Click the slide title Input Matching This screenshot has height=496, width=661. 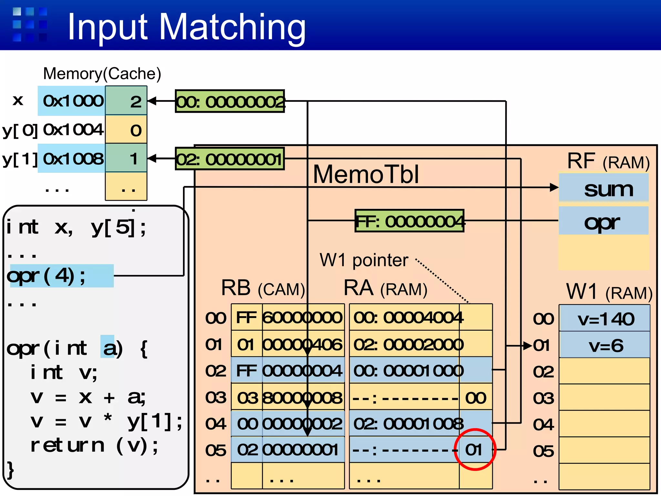click(187, 27)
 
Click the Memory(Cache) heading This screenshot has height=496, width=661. click(102, 74)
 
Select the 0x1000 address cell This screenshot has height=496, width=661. click(73, 101)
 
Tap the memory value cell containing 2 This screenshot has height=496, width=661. click(127, 101)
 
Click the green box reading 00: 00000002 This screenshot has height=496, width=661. click(230, 101)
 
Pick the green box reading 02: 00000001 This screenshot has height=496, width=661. click(230, 159)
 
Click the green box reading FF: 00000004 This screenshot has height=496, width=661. click(409, 221)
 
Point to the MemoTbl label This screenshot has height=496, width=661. click(366, 174)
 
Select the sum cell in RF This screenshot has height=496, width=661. click(604, 189)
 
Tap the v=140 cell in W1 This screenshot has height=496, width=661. click(605, 319)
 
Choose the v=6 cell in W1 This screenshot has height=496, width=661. click(605, 346)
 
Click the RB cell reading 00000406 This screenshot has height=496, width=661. click(303, 345)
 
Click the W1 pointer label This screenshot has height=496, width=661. click(364, 260)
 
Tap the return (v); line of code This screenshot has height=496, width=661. click(94, 446)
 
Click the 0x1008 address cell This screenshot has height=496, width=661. click(73, 159)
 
